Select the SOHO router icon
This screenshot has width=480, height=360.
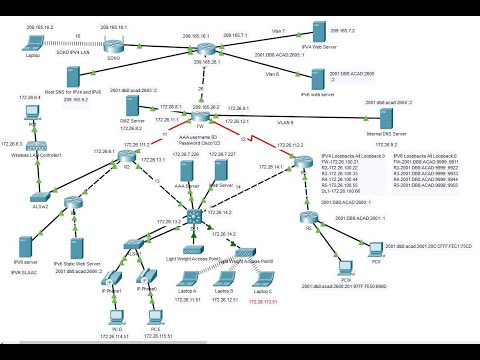[x=113, y=47]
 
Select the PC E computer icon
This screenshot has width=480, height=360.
[x=155, y=320]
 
